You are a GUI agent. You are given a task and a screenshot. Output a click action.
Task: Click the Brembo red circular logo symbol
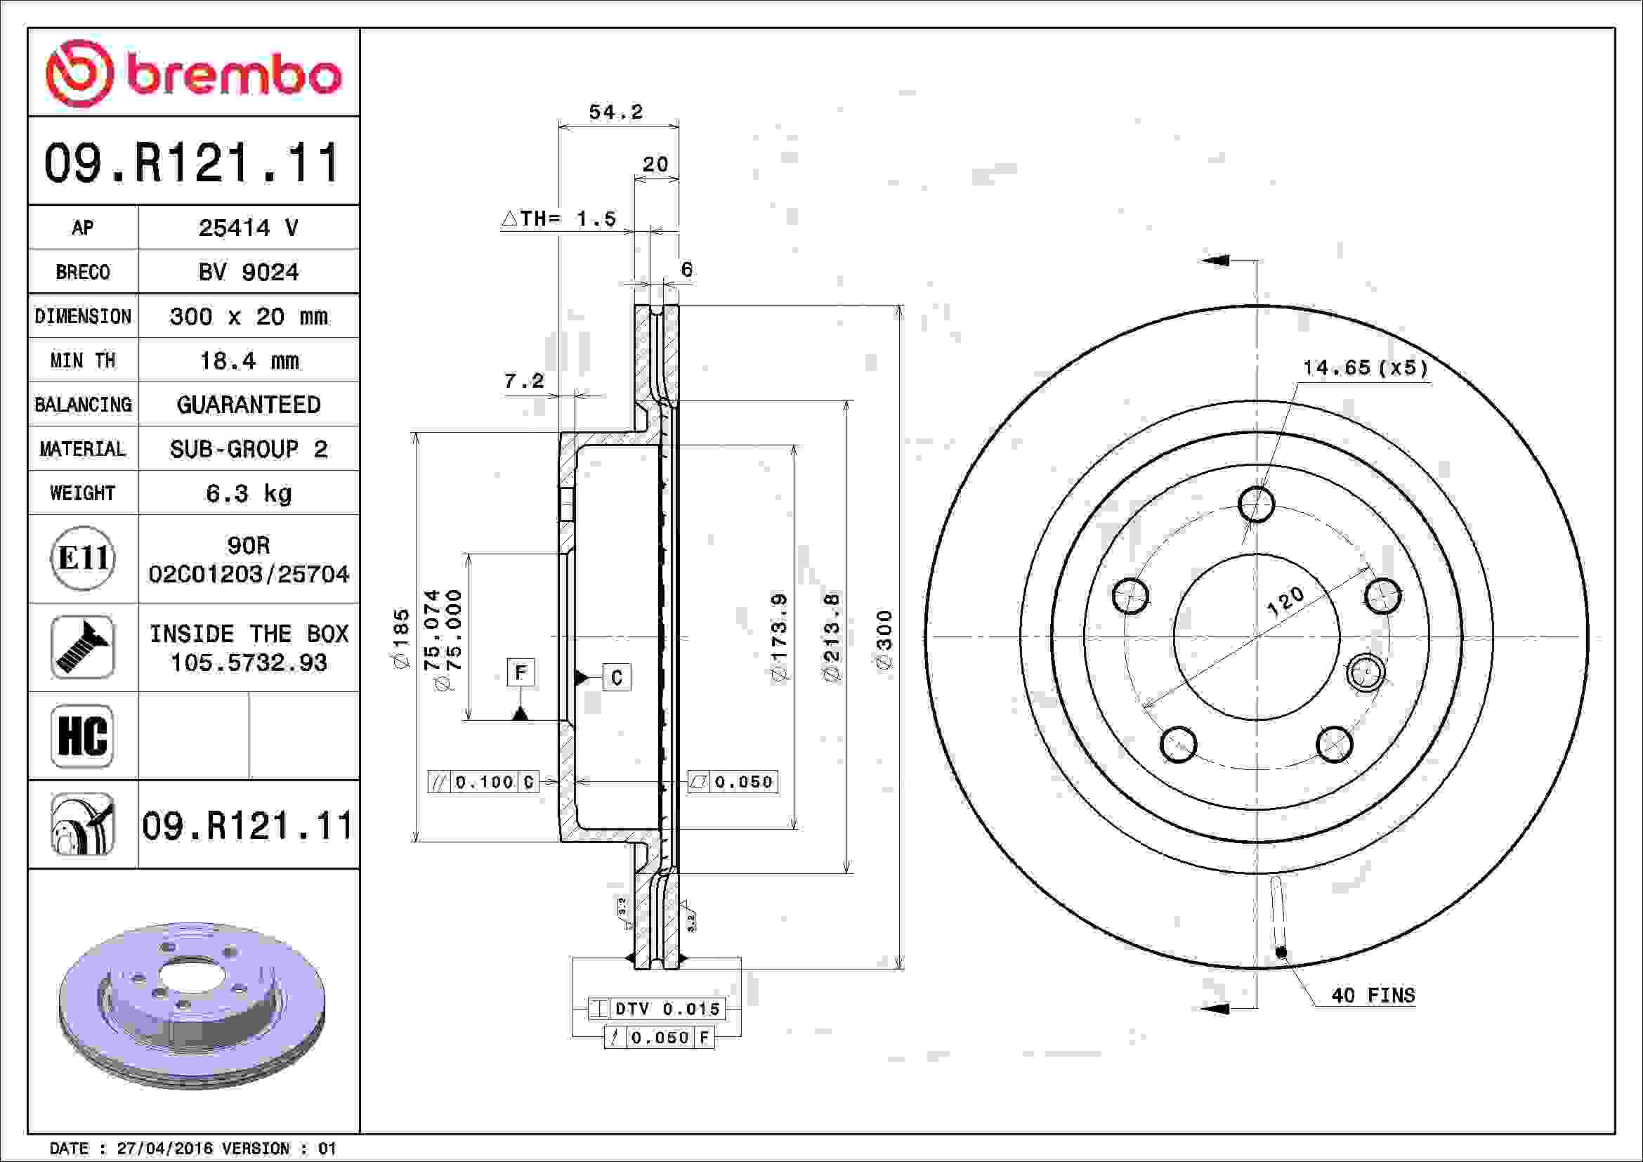point(79,74)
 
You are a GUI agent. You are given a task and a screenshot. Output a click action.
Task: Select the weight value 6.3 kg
point(248,493)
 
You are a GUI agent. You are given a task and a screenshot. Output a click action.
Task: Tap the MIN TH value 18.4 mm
point(248,360)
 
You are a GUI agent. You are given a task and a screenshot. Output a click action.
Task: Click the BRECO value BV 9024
point(248,272)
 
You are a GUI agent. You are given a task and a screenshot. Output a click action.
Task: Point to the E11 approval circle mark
point(83,558)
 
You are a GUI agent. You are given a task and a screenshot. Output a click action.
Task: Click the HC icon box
point(82,736)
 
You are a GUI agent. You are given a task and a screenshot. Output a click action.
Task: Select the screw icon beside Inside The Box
point(82,647)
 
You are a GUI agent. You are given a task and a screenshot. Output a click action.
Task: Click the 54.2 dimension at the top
point(615,112)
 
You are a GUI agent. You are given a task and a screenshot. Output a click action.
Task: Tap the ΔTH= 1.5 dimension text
point(559,218)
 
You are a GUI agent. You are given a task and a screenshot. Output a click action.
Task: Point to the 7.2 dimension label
point(524,381)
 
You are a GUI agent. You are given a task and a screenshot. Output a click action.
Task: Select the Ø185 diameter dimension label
point(400,638)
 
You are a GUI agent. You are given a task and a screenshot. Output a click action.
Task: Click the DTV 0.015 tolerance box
point(656,1009)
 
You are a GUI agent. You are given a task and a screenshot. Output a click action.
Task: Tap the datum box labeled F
point(521,672)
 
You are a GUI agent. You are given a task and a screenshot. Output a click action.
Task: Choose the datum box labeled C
point(617,677)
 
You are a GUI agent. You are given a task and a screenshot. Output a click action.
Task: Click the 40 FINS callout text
point(1373,995)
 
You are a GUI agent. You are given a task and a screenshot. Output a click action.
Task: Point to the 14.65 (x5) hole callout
point(1365,367)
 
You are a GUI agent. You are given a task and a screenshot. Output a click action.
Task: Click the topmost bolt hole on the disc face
point(1256,504)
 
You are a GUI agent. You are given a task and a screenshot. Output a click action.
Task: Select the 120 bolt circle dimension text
point(1285,602)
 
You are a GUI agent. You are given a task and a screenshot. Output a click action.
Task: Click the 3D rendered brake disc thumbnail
point(192,1005)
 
